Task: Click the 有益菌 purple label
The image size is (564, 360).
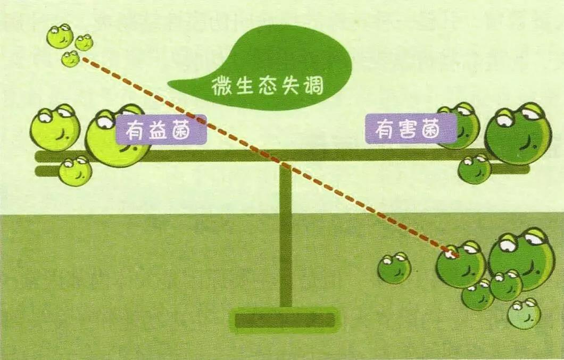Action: tap(162, 129)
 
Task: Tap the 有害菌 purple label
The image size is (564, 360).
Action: tap(411, 129)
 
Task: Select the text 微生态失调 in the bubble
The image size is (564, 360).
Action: tap(267, 85)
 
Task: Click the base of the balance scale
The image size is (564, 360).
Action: tap(285, 320)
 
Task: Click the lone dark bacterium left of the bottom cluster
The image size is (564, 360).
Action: tap(394, 268)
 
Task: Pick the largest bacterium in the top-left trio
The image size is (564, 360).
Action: tap(60, 36)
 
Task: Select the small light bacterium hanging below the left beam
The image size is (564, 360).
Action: tap(75, 171)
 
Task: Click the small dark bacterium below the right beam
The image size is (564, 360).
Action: tap(475, 169)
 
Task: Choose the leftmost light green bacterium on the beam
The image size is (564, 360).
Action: tap(55, 128)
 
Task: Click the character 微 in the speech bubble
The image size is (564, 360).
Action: tap(221, 86)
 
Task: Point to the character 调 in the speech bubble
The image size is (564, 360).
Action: tap(313, 86)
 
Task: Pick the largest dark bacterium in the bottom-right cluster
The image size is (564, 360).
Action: tap(521, 258)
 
